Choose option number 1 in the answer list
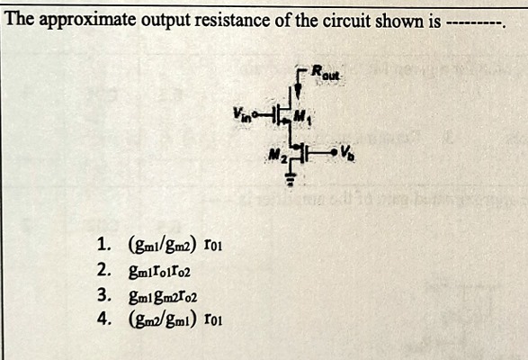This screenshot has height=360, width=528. (103, 242)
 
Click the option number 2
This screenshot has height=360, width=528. (103, 267)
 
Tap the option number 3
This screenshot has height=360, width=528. (103, 292)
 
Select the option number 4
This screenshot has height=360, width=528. (103, 317)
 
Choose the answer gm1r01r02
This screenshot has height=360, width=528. (162, 268)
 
